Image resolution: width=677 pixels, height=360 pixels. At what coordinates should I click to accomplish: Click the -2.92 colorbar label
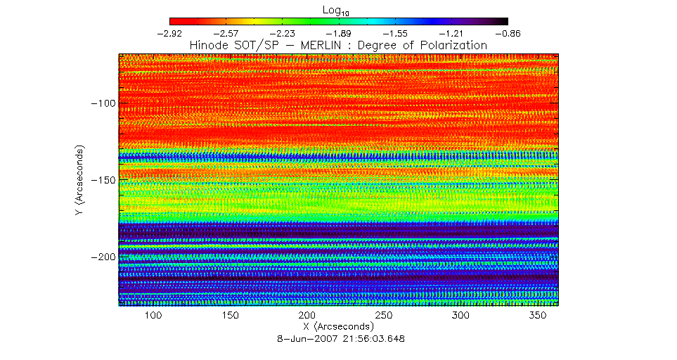pyautogui.click(x=170, y=33)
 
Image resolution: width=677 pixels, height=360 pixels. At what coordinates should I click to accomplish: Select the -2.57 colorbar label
pyautogui.click(x=226, y=33)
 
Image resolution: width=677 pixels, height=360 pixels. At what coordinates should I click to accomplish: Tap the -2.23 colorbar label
pyautogui.click(x=283, y=33)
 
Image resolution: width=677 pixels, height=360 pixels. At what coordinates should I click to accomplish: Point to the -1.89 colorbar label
pyautogui.click(x=339, y=33)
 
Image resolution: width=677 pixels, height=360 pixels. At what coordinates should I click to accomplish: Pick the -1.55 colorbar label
pyautogui.click(x=395, y=33)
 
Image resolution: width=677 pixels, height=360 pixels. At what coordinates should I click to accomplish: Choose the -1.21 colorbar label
pyautogui.click(x=451, y=33)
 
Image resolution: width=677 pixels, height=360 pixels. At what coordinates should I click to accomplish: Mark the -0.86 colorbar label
pyautogui.click(x=508, y=33)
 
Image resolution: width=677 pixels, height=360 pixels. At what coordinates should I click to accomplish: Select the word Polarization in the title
pyautogui.click(x=451, y=45)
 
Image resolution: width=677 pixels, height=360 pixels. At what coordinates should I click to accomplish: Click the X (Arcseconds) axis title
pyautogui.click(x=338, y=327)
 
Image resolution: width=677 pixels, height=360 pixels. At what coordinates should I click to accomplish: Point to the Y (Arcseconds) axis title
pyautogui.click(x=82, y=180)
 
